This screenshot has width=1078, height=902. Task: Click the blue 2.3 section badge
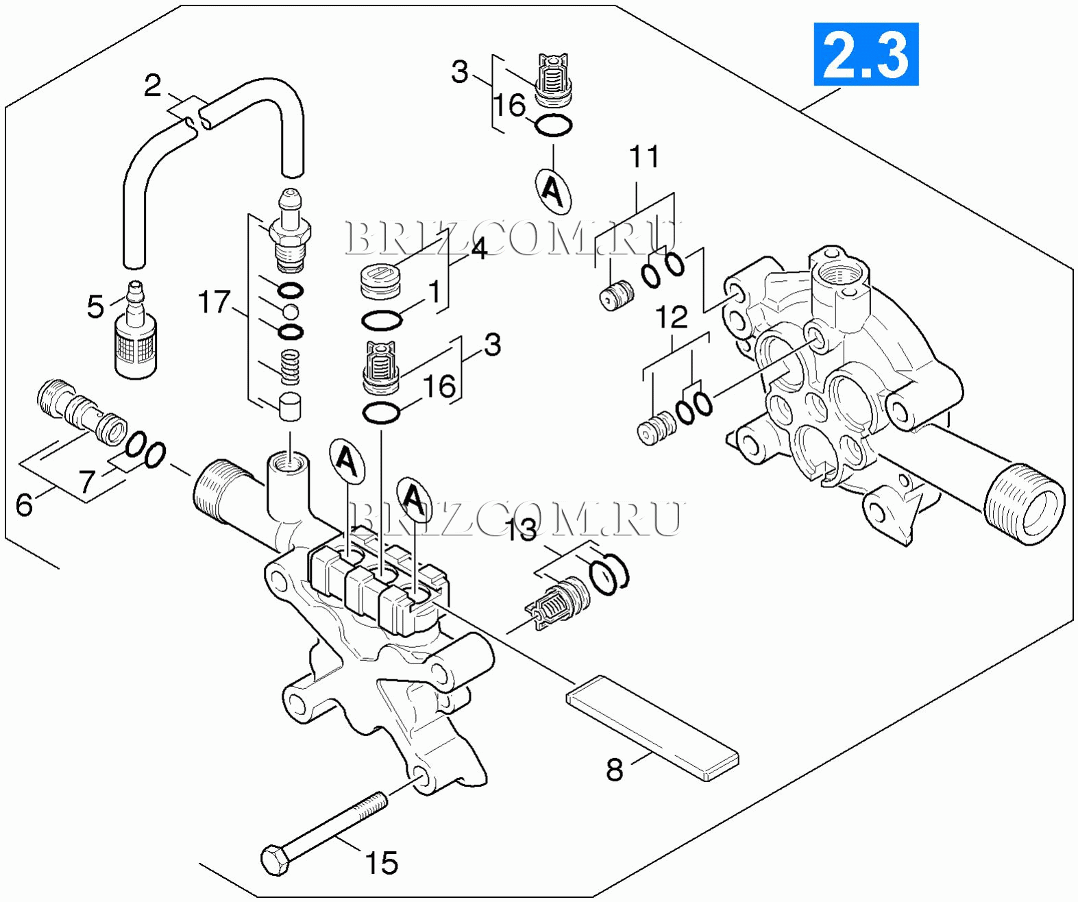click(x=866, y=54)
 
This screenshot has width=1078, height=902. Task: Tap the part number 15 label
click(x=381, y=863)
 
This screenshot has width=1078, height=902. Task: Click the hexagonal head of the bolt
click(x=275, y=860)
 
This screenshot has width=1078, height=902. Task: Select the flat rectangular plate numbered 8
click(x=652, y=728)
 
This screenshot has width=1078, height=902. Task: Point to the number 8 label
click(x=615, y=770)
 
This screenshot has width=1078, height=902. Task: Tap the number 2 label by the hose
click(x=152, y=86)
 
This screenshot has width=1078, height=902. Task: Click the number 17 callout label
click(x=214, y=302)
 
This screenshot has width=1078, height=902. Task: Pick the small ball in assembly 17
click(x=291, y=312)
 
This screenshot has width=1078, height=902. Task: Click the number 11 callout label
click(x=644, y=157)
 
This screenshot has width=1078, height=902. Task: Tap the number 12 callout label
click(x=672, y=317)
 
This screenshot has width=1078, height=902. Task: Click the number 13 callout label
click(x=521, y=530)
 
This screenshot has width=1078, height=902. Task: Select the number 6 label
click(x=24, y=505)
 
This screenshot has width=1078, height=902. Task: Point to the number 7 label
click(x=86, y=481)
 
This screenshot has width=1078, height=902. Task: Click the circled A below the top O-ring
click(x=552, y=190)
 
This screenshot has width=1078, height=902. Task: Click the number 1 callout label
click(x=434, y=292)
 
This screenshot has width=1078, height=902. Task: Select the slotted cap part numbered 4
click(x=381, y=281)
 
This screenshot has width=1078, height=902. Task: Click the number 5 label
click(x=95, y=306)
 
